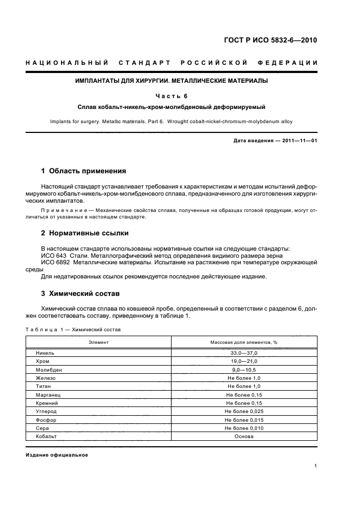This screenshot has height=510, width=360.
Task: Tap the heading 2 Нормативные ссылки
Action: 85,233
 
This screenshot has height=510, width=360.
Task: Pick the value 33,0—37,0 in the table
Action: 244,353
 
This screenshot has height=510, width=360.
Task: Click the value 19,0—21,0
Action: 244,361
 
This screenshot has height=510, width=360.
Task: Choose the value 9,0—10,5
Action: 244,369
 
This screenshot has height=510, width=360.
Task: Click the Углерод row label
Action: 46,411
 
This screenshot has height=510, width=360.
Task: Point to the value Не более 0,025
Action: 244,411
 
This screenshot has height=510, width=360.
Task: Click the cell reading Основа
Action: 244,436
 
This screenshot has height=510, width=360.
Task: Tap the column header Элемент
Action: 99,342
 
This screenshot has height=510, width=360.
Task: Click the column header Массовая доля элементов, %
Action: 244,342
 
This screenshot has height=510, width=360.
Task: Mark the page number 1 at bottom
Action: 316,466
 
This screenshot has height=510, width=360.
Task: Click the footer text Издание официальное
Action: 57,455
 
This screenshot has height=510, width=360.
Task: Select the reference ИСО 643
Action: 53,256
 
